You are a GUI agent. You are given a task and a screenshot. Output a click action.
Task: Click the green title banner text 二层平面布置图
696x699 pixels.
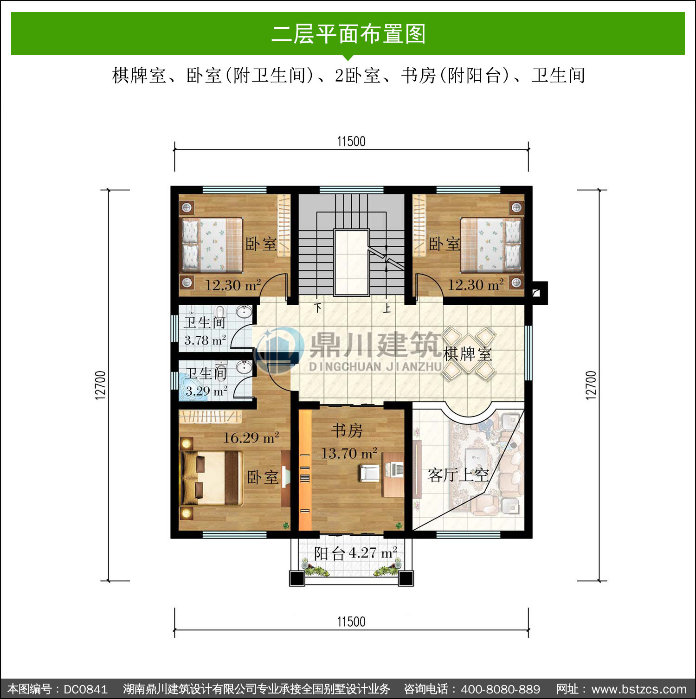pos(348,34)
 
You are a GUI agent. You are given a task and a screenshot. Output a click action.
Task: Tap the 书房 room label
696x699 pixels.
pos(347,430)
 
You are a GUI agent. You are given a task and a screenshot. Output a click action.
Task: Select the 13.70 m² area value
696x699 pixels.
pos(349,453)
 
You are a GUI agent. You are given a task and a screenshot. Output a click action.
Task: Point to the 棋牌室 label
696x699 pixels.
pos(467,354)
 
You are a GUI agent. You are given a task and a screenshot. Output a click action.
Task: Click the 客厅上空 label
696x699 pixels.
pos(458,475)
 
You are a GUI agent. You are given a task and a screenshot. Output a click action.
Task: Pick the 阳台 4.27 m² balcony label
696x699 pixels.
pos(355,553)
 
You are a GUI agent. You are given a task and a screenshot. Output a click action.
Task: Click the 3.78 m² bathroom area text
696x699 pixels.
pos(205,340)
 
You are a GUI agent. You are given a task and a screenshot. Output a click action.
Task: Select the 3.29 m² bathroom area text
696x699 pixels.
pos(206,391)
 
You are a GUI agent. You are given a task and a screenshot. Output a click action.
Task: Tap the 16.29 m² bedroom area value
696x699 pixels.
pos(251,437)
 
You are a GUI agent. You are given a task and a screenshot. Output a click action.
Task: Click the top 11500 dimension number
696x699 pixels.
pos(351,141)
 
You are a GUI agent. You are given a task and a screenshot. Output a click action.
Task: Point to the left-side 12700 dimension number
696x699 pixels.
pos(100,385)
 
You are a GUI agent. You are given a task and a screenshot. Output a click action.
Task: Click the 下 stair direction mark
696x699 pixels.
pos(318,308)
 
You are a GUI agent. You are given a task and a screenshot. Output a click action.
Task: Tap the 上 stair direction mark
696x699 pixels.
pos(387,308)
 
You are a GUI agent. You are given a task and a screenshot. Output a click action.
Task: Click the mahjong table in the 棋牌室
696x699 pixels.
pos(468,353)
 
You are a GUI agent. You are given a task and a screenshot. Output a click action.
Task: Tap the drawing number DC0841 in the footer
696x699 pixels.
pos(85,689)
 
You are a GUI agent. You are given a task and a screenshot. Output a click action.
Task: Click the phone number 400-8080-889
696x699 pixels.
pos(501,689)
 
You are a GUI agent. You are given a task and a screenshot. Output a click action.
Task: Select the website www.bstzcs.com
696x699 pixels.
pos(639,689)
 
